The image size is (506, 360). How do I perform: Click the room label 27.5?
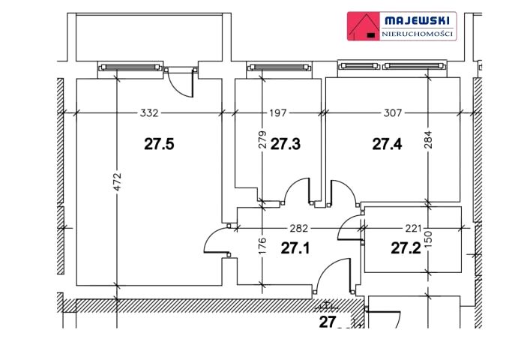[159, 144]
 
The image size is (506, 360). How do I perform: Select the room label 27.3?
[286, 144]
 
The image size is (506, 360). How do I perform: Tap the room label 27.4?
[387, 144]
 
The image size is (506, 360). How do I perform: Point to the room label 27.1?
[295, 248]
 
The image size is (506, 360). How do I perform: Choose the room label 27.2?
[406, 248]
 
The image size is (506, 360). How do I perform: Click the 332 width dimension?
[149, 113]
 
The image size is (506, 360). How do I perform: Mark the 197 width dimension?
[278, 113]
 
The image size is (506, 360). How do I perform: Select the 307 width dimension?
[393, 113]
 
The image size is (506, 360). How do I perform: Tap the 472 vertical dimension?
[118, 181]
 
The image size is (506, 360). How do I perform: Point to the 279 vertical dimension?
[262, 139]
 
